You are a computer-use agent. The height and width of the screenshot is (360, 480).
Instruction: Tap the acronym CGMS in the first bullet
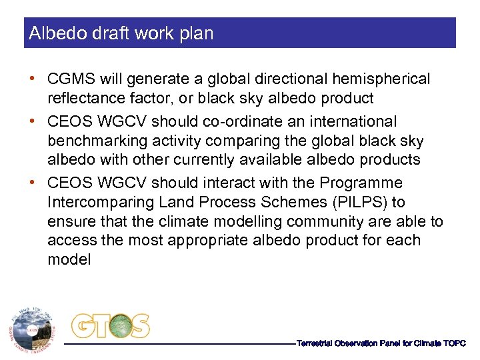pyautogui.click(x=70, y=79)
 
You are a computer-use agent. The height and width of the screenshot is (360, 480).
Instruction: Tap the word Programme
pyautogui.click(x=361, y=183)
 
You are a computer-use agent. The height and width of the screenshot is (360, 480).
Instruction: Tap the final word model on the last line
pyautogui.click(x=69, y=259)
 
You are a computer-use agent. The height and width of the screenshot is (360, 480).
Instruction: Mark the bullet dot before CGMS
pyautogui.click(x=32, y=79)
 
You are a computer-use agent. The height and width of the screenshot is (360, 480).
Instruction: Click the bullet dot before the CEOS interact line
pyautogui.click(x=32, y=183)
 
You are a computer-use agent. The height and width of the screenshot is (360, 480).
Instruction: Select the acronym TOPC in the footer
pyautogui.click(x=454, y=343)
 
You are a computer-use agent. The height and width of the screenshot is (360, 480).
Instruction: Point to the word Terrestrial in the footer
pyautogui.click(x=317, y=343)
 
